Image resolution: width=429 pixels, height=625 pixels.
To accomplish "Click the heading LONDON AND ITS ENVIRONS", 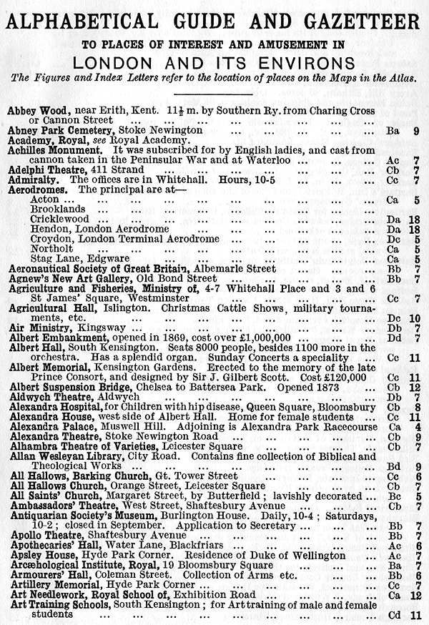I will tap(214, 58).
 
